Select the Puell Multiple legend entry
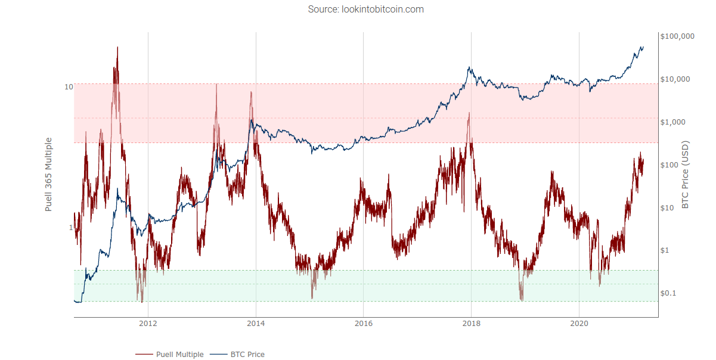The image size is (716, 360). pos(169,354)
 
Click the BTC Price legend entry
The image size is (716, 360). pos(237,354)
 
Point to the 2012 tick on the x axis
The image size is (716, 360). pos(148,324)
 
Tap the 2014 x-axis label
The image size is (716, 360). pos(256,324)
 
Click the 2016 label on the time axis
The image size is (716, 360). pos(364,324)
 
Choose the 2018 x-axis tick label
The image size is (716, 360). pos(471,324)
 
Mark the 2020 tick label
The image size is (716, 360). pos(579,324)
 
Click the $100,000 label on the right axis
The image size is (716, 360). pos(677,36)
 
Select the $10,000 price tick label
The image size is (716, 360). pos(675,79)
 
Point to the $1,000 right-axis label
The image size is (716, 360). pos(673,122)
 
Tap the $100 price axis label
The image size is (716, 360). pos(669,165)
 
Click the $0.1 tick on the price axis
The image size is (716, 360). pos(668,293)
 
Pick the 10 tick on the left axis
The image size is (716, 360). pos(69,87)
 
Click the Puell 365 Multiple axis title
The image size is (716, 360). pos(48,175)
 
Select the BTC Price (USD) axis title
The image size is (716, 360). pos(685,175)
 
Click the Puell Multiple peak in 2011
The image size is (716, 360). pos(117,47)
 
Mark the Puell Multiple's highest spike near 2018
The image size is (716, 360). pos(469,113)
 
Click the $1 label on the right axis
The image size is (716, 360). pos(665,250)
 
